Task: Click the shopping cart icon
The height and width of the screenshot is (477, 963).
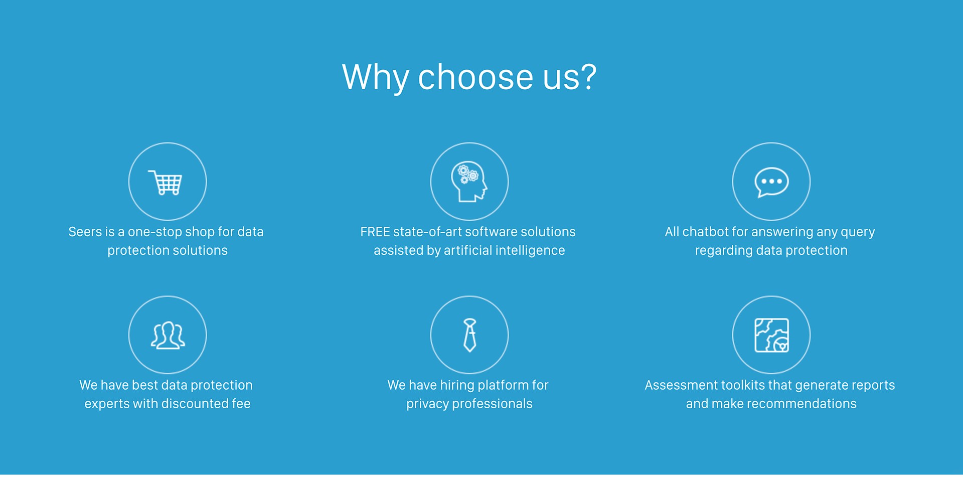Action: [166, 183]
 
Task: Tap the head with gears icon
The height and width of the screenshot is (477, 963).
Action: [469, 182]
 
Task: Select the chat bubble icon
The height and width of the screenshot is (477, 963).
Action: [771, 182]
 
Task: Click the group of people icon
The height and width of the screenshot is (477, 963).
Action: [168, 335]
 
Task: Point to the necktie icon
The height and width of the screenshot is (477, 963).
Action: [469, 335]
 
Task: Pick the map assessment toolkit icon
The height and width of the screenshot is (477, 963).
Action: [771, 335]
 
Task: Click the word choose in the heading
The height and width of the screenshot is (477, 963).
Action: [475, 77]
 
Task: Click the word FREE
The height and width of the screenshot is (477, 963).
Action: [375, 232]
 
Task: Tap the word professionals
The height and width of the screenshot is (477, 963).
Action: [492, 404]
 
